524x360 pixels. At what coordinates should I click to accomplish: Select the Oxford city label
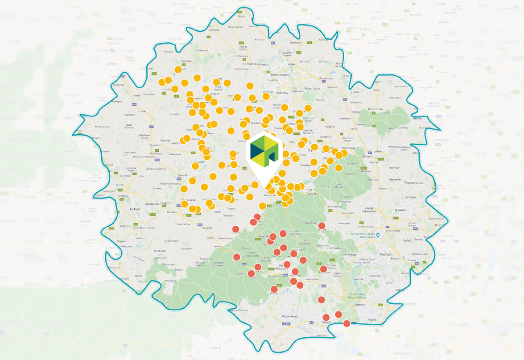coord(135,208)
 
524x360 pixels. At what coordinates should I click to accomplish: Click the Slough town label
coord(326,322)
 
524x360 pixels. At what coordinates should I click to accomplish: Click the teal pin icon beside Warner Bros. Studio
coord(378,235)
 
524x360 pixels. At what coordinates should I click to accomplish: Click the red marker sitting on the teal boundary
coord(347,323)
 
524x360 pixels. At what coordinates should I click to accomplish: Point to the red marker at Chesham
coord(321,226)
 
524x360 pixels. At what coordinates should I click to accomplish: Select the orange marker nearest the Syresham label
coord(178,70)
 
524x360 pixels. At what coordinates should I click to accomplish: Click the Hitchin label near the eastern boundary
coord(417,119)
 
